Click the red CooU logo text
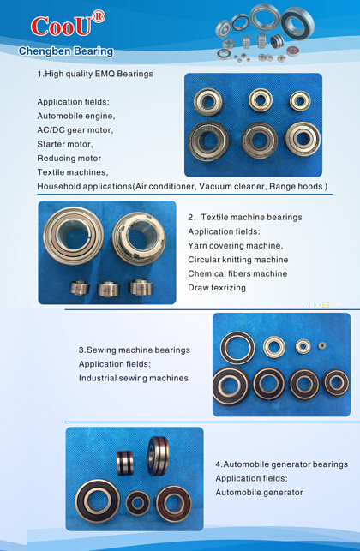click(61, 27)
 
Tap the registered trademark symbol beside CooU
click(98, 16)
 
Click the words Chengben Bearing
click(66, 51)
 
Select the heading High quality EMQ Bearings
click(99, 74)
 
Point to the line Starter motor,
click(65, 144)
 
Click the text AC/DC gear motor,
click(75, 130)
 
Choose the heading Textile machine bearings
click(251, 217)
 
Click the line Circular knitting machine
click(238, 260)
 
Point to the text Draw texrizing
click(217, 288)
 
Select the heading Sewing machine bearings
click(138, 350)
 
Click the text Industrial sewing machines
click(133, 378)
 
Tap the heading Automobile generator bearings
click(285, 464)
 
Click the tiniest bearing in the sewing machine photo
click(322, 346)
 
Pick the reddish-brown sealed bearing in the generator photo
click(174, 504)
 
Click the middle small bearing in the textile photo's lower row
click(108, 289)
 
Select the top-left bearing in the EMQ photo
click(208, 102)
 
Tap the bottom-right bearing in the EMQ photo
click(303, 138)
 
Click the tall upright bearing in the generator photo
click(159, 456)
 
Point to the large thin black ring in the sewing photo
click(237, 348)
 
